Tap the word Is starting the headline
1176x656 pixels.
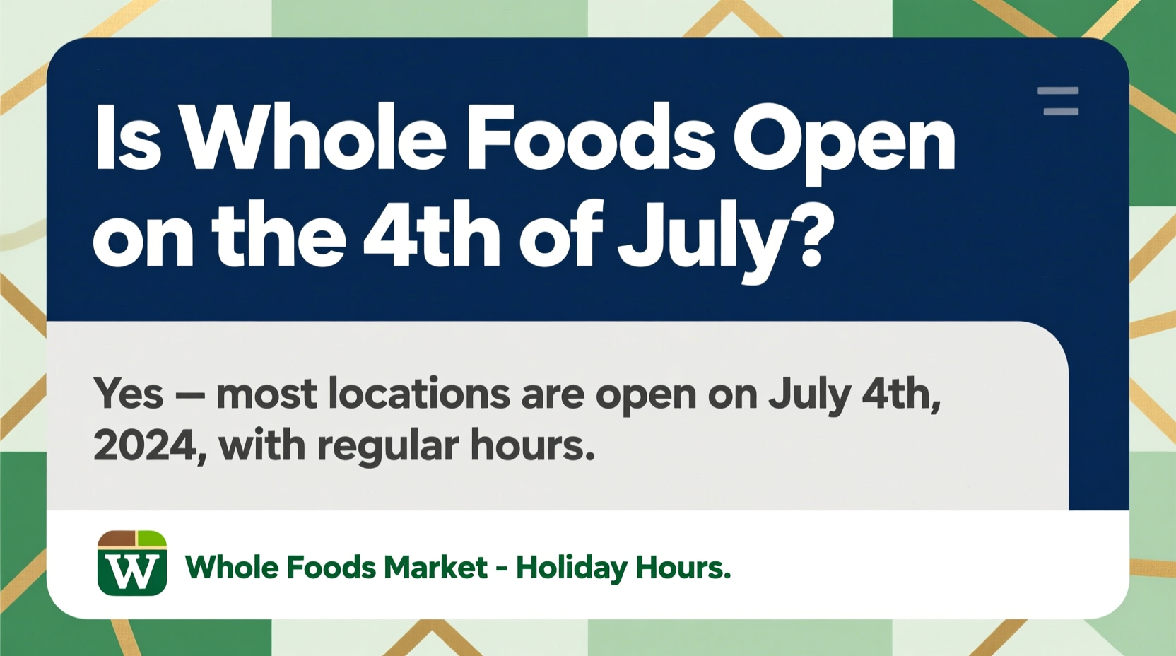coord(127,139)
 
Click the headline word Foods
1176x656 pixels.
coord(590,137)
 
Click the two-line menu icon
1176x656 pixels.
coord(1058,101)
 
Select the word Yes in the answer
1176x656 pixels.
coord(128,394)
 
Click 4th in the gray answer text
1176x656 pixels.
coord(900,394)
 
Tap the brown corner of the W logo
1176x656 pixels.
coord(116,539)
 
